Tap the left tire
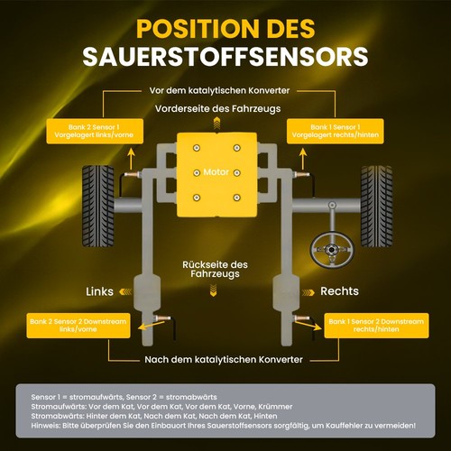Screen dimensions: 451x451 tap(98, 206)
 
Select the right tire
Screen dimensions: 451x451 tap(377, 206)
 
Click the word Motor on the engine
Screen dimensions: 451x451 tap(216, 172)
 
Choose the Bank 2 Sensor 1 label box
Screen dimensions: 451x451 tap(95, 131)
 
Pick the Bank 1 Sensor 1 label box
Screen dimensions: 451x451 tap(336, 131)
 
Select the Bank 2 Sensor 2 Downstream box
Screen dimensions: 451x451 tap(78, 326)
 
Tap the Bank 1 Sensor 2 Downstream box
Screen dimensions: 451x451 tap(376, 326)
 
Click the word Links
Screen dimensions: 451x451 tap(99, 291)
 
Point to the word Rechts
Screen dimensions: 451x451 tap(339, 291)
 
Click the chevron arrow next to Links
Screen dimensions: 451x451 tap(125, 291)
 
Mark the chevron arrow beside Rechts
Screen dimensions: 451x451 tap(308, 292)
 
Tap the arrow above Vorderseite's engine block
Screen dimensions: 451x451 tap(216, 124)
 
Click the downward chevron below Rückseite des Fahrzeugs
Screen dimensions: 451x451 tap(214, 290)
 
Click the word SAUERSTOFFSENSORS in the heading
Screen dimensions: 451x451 tap(225, 56)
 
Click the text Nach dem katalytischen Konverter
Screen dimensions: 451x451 tap(224, 359)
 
